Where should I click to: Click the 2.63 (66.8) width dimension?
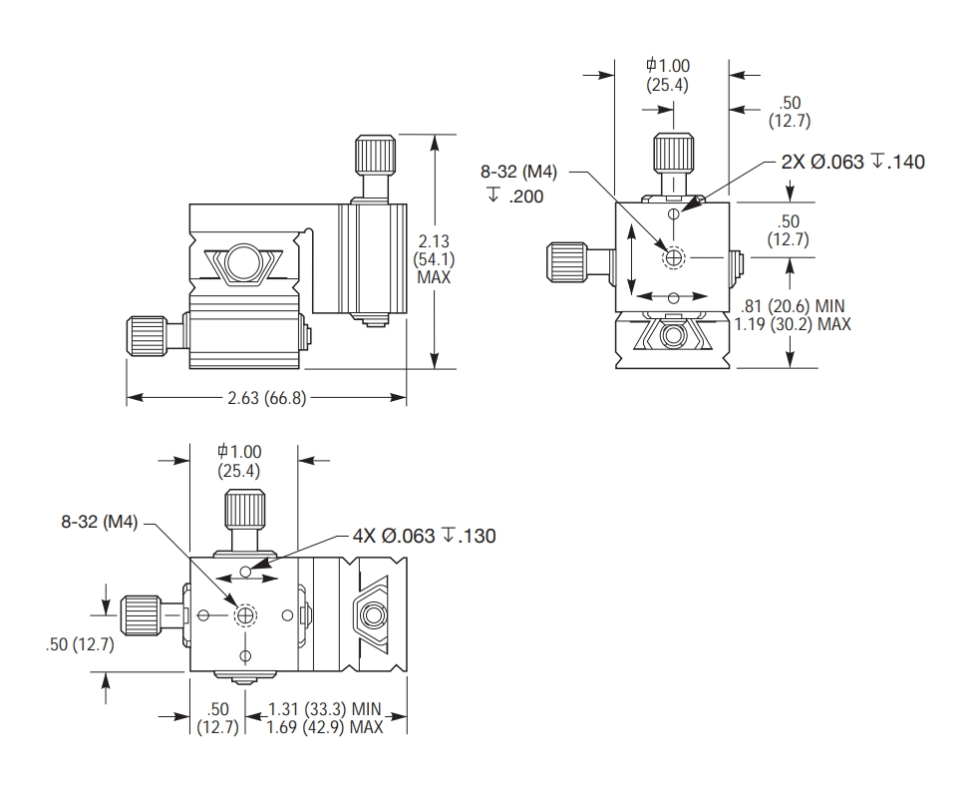point(266,398)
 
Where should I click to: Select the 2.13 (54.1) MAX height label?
point(434,259)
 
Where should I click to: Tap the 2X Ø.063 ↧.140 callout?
point(852,162)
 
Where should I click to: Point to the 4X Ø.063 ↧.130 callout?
point(424,536)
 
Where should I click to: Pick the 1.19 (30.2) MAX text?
point(793,324)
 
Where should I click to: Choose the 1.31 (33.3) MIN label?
point(326,709)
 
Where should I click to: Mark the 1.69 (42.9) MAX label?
point(326,727)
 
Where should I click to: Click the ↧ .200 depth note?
point(515,197)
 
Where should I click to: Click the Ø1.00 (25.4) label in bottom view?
point(239,461)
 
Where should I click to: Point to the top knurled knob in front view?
point(376,155)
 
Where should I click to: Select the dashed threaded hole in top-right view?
point(674,257)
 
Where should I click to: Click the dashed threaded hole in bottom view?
point(245,616)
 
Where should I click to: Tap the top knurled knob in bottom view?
point(243,511)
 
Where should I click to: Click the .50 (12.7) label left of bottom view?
point(81,644)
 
